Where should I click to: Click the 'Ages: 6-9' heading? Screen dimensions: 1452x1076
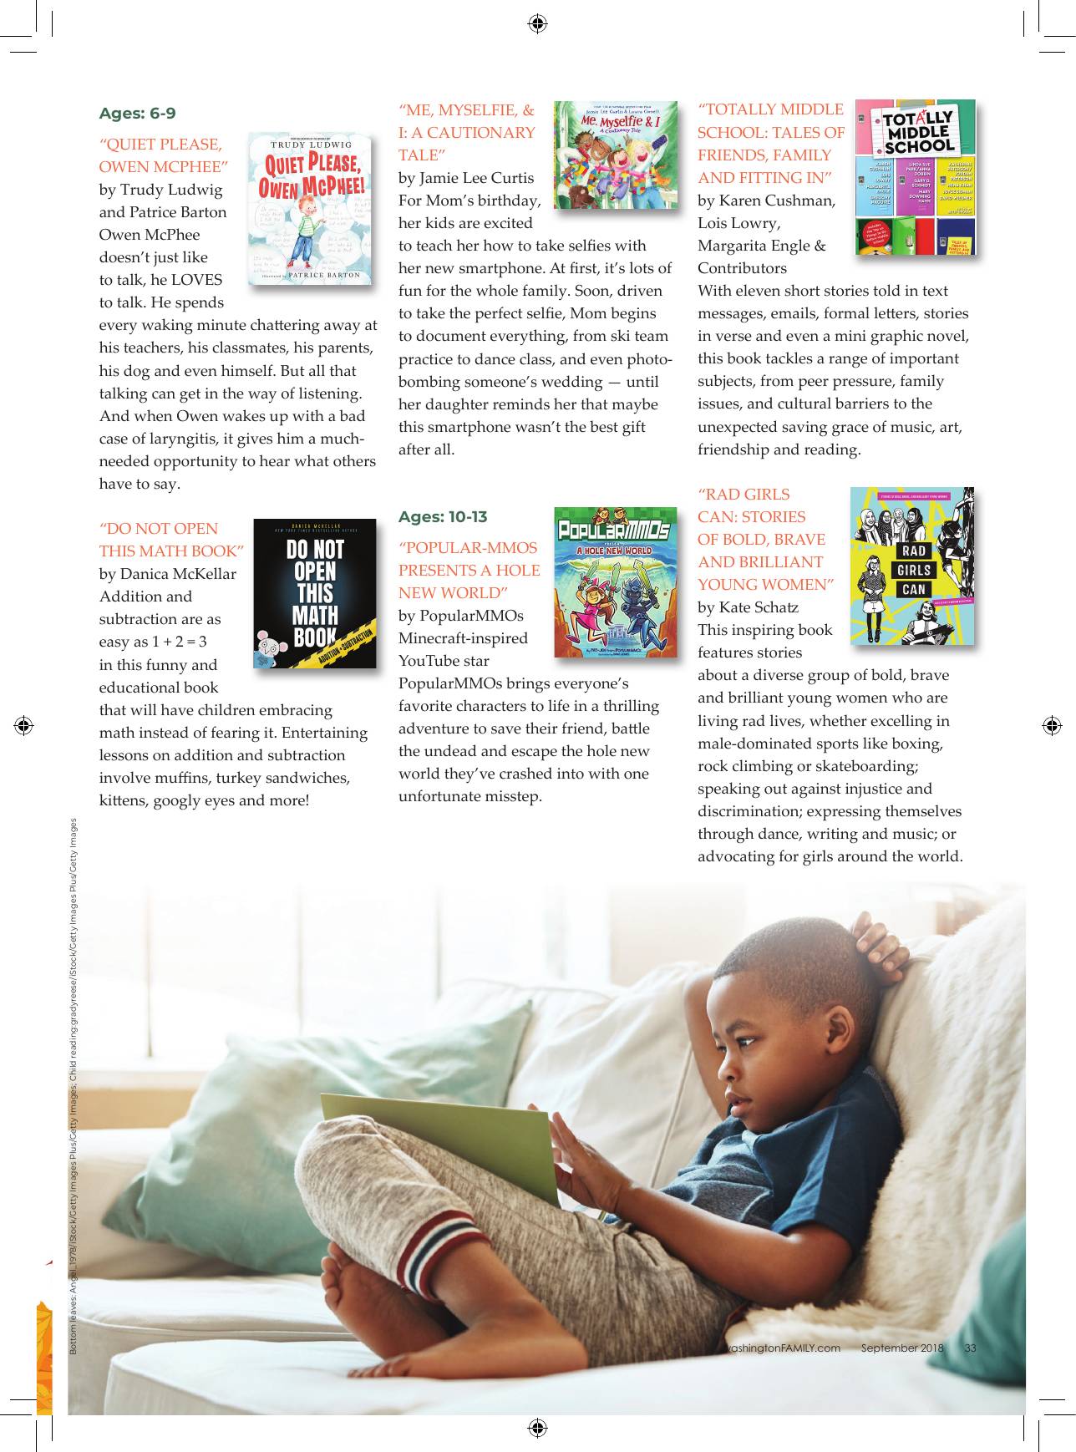(137, 114)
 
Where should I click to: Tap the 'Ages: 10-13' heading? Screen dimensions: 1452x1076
(442, 517)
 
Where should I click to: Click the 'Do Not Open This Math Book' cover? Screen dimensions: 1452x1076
(315, 594)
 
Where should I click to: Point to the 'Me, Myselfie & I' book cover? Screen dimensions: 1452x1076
(616, 155)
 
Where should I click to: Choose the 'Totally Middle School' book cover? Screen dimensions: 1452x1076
(916, 178)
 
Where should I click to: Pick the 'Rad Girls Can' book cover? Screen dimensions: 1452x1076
(912, 566)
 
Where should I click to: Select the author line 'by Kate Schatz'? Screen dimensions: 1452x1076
(748, 607)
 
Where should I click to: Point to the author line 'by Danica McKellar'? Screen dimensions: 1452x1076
(167, 574)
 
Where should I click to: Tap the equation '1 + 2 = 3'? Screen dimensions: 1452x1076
(179, 642)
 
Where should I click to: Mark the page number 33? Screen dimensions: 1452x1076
(970, 1348)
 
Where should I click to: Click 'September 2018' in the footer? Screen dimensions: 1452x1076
(902, 1348)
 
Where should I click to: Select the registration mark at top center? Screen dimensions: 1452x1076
(538, 23)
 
